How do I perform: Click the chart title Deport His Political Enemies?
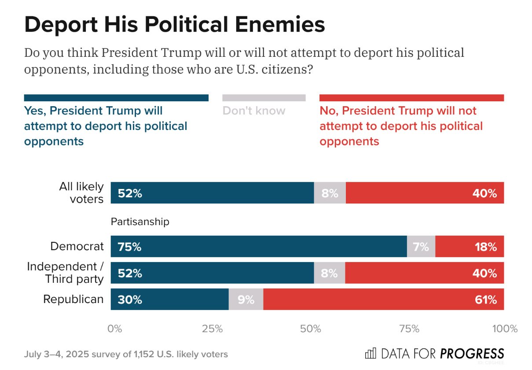(174, 24)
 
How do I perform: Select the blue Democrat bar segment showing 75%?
(259, 246)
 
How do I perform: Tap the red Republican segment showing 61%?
(383, 300)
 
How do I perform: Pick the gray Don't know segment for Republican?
(246, 300)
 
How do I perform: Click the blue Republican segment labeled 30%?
(169, 300)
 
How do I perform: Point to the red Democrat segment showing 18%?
(470, 246)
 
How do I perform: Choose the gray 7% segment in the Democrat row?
(421, 246)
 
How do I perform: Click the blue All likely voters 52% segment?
(212, 193)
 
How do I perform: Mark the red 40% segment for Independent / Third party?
(425, 273)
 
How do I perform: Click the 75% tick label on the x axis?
(409, 329)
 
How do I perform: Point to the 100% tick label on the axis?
(504, 329)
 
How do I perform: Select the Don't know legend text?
(254, 111)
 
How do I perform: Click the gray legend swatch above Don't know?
(264, 98)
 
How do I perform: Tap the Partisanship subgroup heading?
(140, 222)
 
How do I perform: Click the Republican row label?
(73, 300)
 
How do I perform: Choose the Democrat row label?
(77, 246)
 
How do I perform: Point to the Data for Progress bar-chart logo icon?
(371, 353)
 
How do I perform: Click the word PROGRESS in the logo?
(472, 353)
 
